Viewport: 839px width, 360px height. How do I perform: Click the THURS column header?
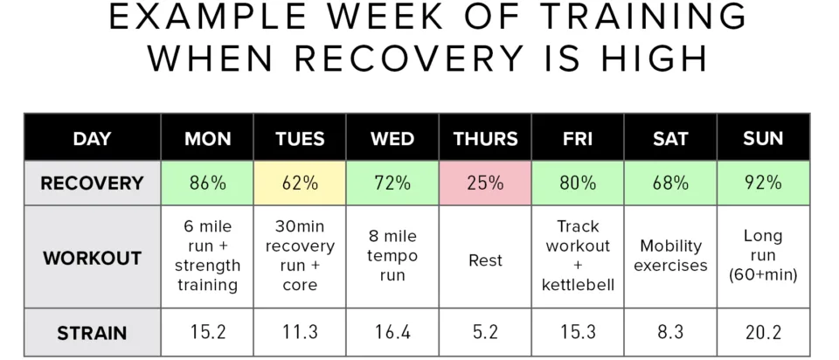tap(485, 139)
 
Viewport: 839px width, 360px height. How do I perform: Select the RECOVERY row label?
tap(92, 183)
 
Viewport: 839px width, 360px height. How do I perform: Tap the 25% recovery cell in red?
tap(485, 183)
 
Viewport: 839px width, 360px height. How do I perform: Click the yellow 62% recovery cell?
tap(300, 183)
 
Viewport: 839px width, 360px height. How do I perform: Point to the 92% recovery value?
tap(763, 183)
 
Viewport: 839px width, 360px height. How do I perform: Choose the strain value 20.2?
tap(763, 333)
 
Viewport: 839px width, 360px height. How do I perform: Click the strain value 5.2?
tap(485, 333)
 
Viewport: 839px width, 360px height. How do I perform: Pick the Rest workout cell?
tap(485, 260)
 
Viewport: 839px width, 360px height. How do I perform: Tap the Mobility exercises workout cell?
tap(670, 255)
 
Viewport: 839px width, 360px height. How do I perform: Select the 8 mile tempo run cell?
tap(392, 255)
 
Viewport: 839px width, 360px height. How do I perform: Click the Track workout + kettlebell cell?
tap(578, 255)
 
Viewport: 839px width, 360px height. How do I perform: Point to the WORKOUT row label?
tap(92, 259)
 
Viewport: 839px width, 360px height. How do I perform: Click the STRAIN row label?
tap(92, 333)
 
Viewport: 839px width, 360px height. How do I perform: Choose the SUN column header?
tap(763, 139)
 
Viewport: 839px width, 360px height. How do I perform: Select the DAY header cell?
tap(92, 139)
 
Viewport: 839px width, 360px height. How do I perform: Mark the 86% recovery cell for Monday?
tap(207, 183)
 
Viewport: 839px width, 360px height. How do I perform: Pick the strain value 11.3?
tap(300, 333)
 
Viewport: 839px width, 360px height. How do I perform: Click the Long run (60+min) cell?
tap(763, 255)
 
